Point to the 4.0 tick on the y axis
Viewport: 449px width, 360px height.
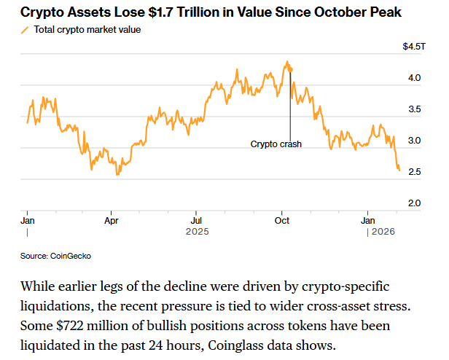point(414,77)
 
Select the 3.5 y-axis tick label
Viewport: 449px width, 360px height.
point(414,109)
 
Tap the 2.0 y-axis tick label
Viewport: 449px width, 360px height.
point(414,203)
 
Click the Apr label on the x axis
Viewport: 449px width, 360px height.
point(112,219)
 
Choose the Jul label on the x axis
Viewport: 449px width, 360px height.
point(197,219)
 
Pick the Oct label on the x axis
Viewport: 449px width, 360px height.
point(283,219)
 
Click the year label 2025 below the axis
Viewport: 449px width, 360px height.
point(197,232)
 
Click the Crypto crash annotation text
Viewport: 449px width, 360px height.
point(276,144)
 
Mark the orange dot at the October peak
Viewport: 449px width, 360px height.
point(290,69)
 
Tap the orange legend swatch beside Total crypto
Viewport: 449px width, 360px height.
point(26,30)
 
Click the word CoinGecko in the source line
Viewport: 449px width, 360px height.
point(71,257)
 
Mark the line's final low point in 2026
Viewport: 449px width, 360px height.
point(399,171)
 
